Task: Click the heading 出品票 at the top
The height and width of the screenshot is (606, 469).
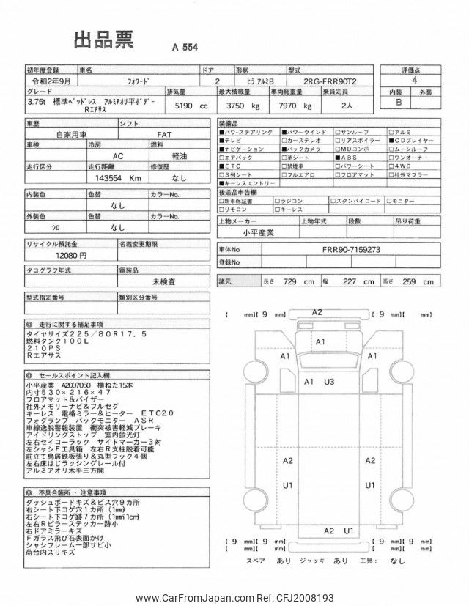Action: click(103, 41)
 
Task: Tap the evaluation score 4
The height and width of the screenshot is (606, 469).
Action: click(415, 82)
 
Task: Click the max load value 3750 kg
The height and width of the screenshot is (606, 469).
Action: click(245, 106)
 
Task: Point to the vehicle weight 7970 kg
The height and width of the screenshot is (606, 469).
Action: click(302, 106)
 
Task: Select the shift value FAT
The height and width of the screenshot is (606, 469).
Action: click(166, 135)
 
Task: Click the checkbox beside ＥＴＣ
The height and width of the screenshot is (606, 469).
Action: click(222, 166)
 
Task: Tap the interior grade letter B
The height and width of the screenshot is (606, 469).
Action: click(399, 103)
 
